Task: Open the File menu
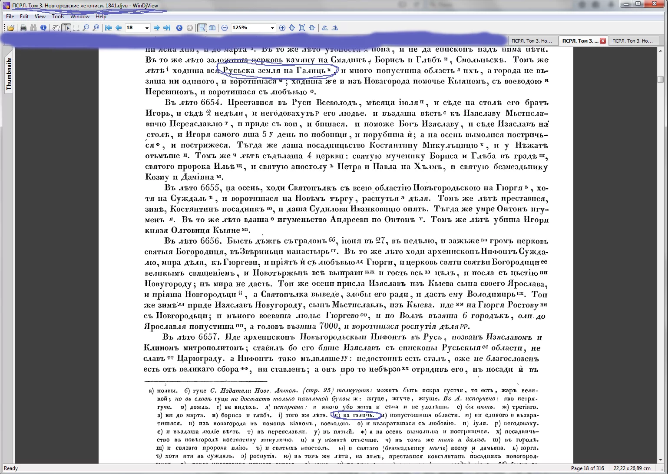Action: (x=10, y=17)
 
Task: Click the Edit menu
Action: (x=24, y=17)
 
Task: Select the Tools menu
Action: (x=58, y=17)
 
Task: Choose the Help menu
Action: (x=101, y=17)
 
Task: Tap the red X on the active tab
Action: (x=602, y=41)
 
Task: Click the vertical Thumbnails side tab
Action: (x=9, y=74)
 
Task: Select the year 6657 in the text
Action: (x=209, y=337)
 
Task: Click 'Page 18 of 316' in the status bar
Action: (x=587, y=468)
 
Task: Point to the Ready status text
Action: (x=11, y=468)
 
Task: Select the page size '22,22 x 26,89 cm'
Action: (x=632, y=468)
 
